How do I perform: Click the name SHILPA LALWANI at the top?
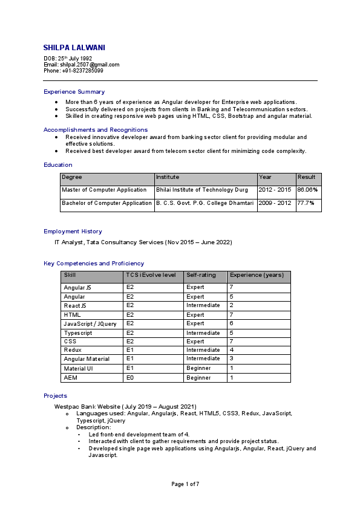click(78, 48)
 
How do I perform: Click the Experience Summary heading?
click(74, 92)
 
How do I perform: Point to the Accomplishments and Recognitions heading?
click(96, 130)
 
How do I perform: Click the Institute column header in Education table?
click(168, 178)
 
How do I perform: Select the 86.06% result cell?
click(307, 190)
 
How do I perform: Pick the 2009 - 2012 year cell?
click(274, 203)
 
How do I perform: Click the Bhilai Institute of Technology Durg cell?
click(202, 190)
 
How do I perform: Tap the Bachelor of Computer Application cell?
click(106, 203)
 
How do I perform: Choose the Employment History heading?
click(73, 232)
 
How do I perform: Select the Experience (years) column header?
click(257, 275)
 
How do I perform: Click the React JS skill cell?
click(75, 306)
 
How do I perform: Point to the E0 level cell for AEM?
click(130, 378)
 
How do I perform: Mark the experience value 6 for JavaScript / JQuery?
click(231, 324)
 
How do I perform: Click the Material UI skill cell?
click(79, 369)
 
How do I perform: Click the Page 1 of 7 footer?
click(185, 484)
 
